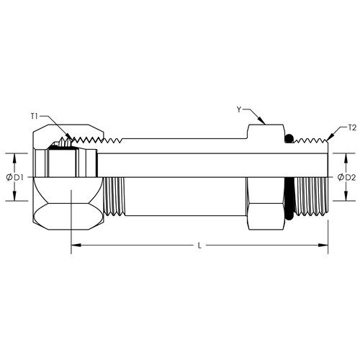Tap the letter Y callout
(239, 109)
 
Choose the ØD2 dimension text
(346, 177)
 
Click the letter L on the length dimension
(199, 246)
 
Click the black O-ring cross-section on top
(288, 139)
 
